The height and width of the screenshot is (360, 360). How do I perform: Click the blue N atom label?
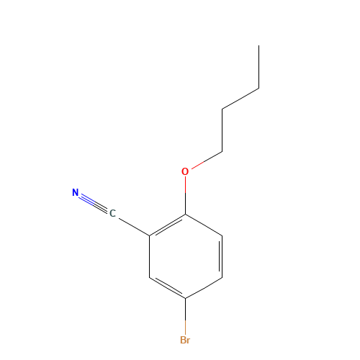coord(76,192)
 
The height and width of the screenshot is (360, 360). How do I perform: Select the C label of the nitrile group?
coord(112,213)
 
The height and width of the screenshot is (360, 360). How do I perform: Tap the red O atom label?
coord(185,171)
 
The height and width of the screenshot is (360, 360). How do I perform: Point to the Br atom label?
coord(185,340)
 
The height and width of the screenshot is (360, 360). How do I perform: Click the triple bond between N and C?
coord(94,203)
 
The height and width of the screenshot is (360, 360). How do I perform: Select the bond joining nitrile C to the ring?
coord(134,227)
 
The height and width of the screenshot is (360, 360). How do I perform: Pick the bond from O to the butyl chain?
coord(207,160)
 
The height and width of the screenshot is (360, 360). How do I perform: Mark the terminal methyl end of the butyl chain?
coord(258,45)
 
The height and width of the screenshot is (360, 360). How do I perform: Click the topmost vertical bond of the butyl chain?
coord(258,67)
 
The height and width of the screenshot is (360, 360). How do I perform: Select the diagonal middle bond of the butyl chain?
coord(240,99)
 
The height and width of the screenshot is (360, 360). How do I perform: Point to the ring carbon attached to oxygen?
coord(185,214)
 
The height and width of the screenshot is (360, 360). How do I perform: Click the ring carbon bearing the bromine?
coord(185,298)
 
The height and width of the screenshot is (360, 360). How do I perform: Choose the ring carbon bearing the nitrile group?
coord(149,235)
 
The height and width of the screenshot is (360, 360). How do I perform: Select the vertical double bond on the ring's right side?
coord(221,256)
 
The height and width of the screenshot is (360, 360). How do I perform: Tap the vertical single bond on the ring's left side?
coord(149,256)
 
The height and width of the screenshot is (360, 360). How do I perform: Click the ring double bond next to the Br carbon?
coord(167,287)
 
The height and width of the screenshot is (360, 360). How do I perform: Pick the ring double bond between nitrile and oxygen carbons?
coord(167,225)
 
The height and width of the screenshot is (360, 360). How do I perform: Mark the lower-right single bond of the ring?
coord(204,288)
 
